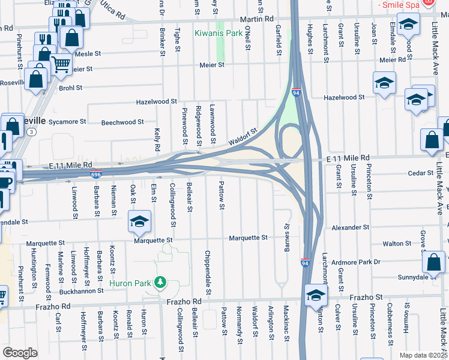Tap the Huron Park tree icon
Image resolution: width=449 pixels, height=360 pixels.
[160, 281]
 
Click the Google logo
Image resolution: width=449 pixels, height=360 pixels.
[20, 352]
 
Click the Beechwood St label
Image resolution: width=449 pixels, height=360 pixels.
[122, 122]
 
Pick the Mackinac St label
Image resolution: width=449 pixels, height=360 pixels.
[286, 323]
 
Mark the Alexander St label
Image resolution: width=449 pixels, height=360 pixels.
[351, 228]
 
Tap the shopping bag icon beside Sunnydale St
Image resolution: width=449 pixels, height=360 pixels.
[433, 262]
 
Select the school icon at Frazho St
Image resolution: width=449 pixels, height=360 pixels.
[315, 295]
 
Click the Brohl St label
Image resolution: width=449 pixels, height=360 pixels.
[70, 88]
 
